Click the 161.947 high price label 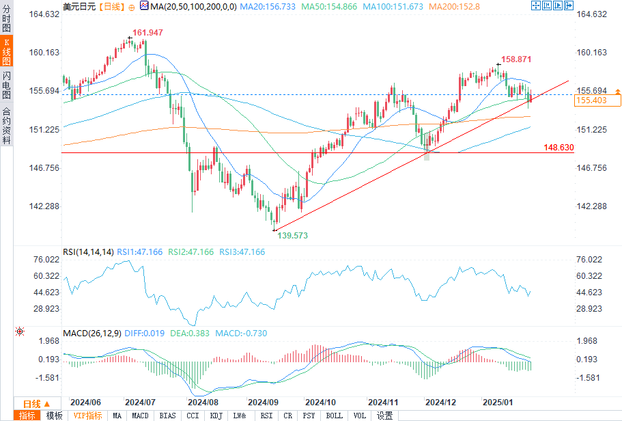click(x=147, y=33)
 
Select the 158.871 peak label click(x=515, y=59)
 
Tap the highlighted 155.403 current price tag click(x=592, y=100)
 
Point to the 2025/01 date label click(x=498, y=403)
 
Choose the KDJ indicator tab click(x=216, y=416)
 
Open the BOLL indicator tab click(x=335, y=416)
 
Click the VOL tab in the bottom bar click(x=360, y=416)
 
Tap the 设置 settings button click(x=385, y=416)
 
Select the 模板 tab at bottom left click(x=54, y=416)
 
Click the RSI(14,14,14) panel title click(x=88, y=252)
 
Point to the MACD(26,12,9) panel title click(x=92, y=334)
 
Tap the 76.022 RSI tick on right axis click(x=590, y=260)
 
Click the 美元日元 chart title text click(x=79, y=6)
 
